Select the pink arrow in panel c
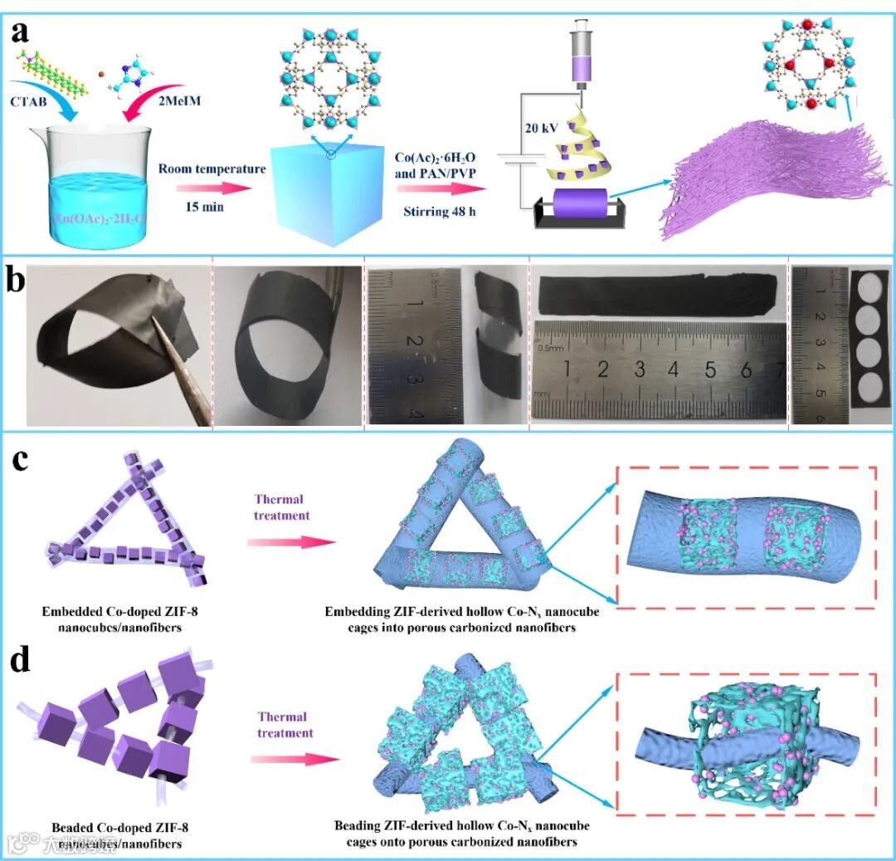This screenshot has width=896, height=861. point(290,541)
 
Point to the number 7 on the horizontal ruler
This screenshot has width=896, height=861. point(779,369)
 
